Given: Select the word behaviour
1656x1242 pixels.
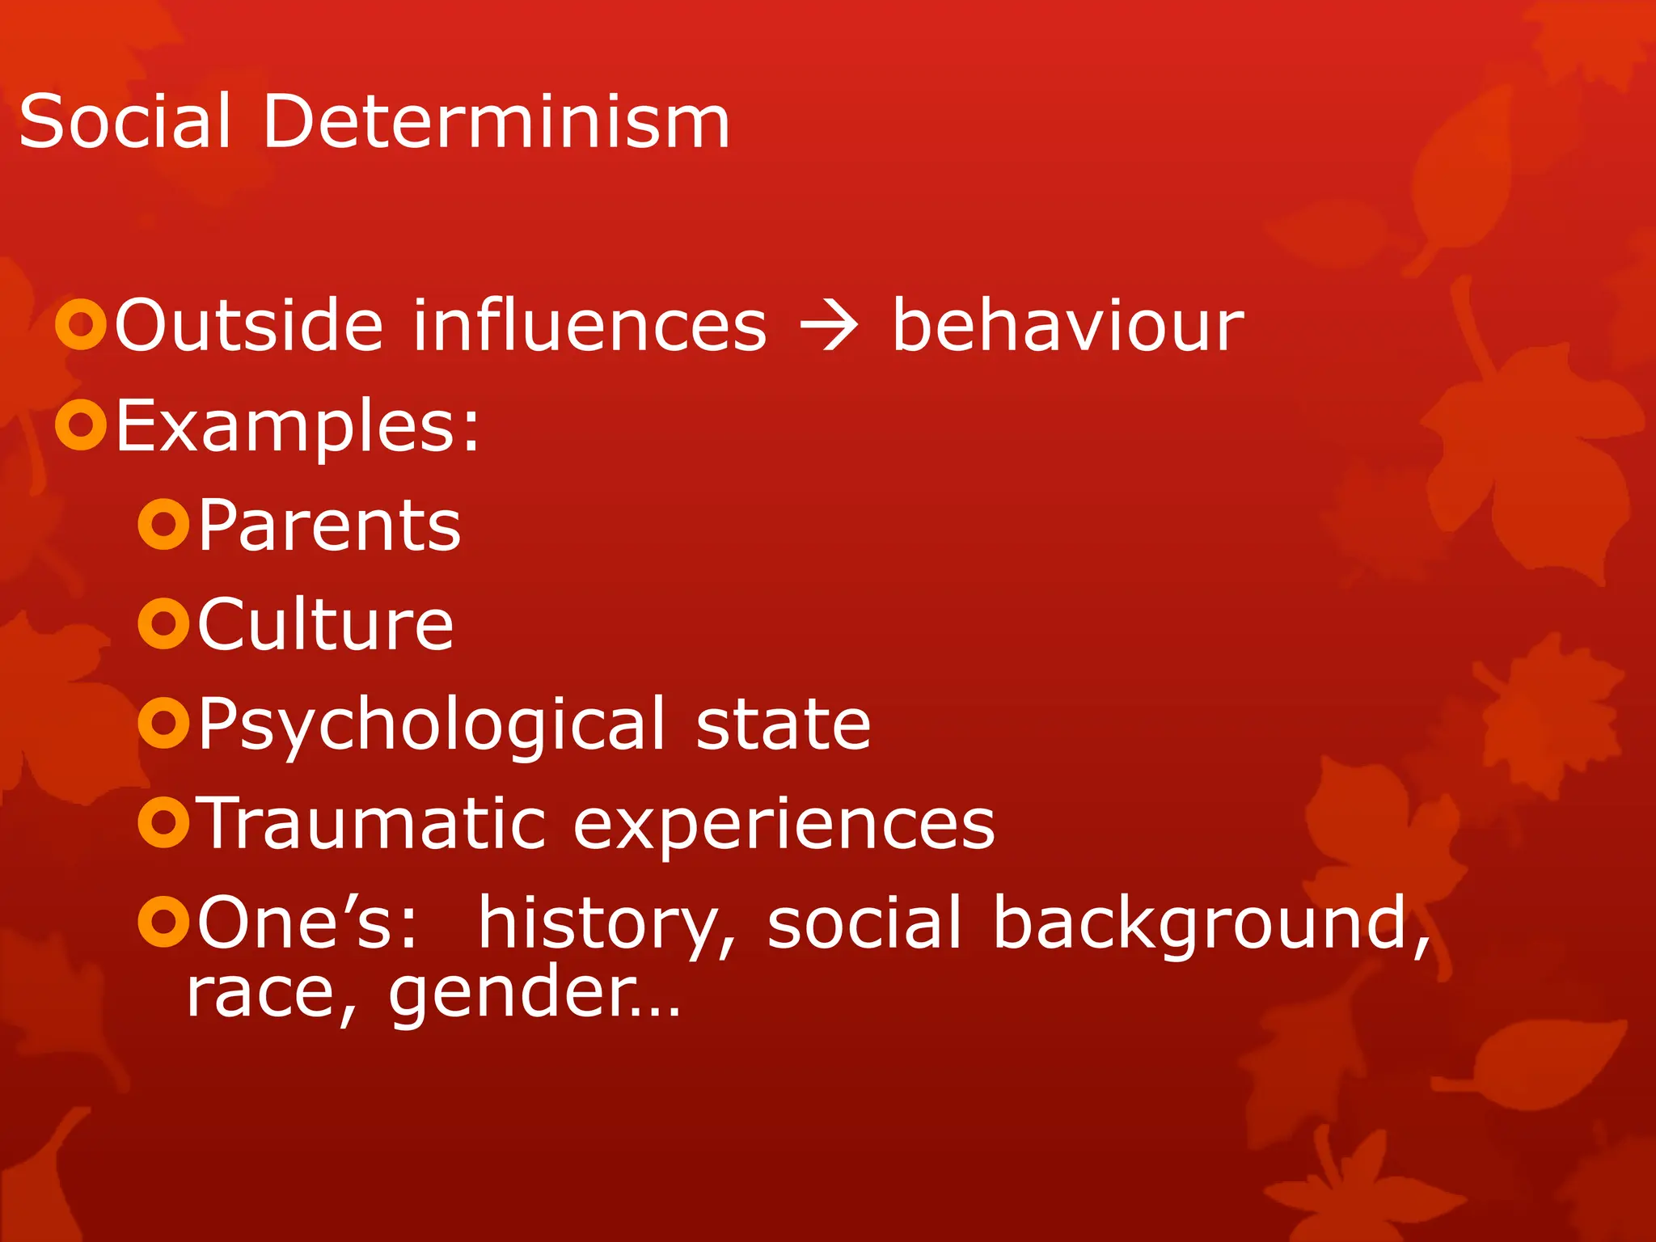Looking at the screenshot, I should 1067,325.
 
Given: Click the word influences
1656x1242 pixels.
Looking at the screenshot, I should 589,325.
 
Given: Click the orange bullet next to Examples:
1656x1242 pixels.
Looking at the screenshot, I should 81,424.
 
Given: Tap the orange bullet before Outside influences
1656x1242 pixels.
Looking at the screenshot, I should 81,325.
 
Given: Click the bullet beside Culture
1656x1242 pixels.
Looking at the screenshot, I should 164,623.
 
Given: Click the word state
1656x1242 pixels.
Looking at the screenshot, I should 783,724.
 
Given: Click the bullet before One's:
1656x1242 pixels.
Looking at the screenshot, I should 164,921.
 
